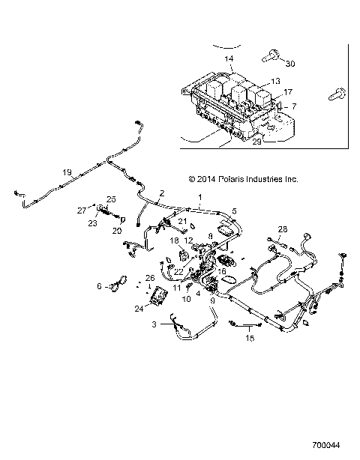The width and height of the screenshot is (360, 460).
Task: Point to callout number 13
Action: tap(275, 81)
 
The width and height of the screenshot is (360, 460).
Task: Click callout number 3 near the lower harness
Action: tap(133, 324)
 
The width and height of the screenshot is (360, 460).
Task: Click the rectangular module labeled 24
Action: tap(158, 298)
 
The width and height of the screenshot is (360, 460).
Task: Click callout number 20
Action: tap(116, 231)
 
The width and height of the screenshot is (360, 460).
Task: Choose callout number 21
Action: tap(181, 222)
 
